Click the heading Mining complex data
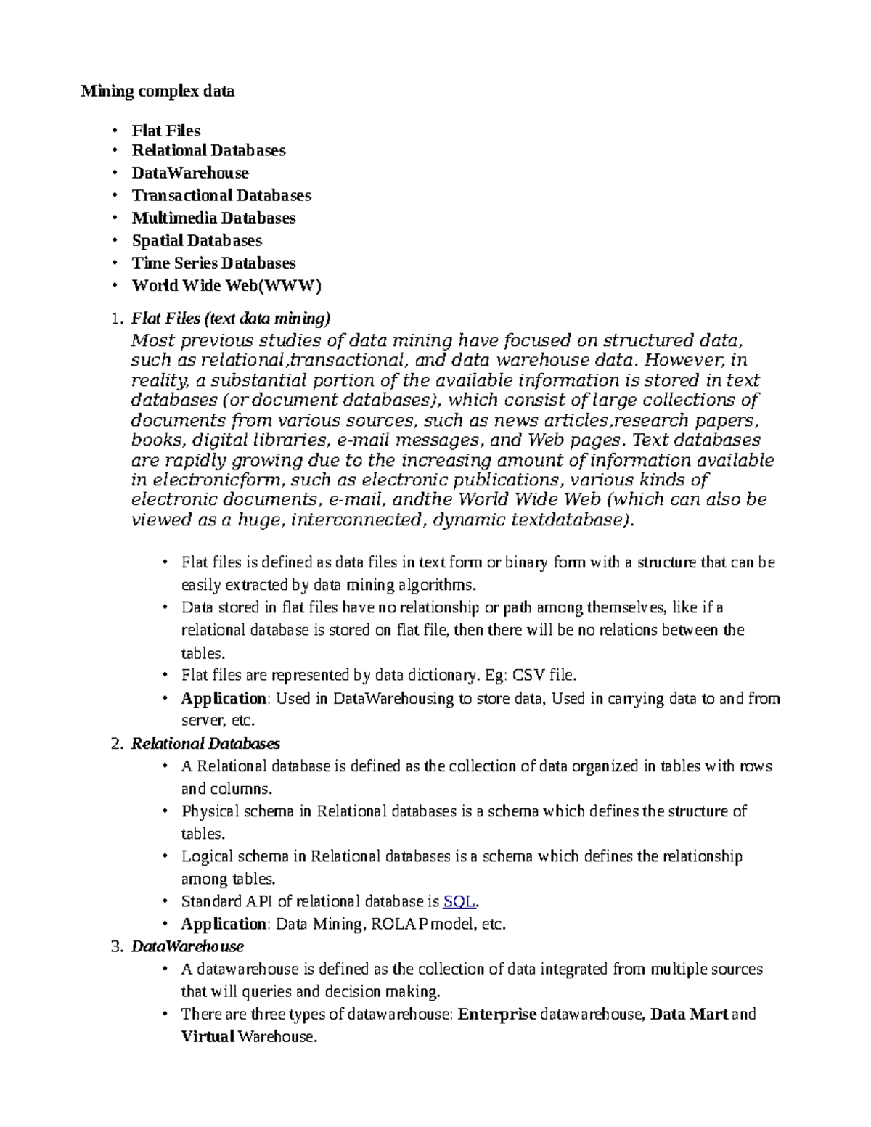point(158,91)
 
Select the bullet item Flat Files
point(165,131)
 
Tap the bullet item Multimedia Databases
point(213,218)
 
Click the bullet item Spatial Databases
point(197,240)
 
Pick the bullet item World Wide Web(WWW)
point(226,285)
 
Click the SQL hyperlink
point(459,901)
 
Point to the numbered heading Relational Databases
point(205,744)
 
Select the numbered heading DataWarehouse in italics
point(187,946)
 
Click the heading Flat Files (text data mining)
point(231,318)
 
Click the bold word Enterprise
point(497,1015)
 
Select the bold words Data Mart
point(689,1015)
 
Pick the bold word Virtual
point(208,1037)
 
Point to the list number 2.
point(116,744)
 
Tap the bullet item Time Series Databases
point(213,263)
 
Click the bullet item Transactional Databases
point(221,195)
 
